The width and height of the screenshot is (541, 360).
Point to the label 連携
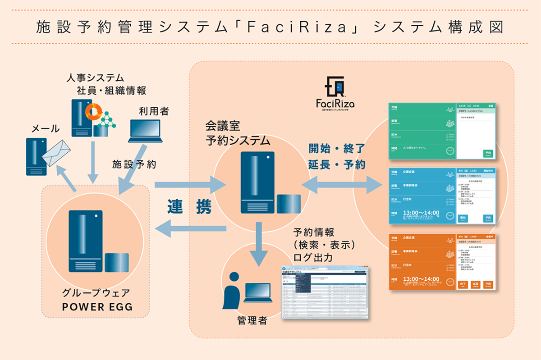coord(189,206)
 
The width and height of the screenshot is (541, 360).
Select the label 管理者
coord(252,321)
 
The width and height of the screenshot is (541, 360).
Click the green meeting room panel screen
coord(442,131)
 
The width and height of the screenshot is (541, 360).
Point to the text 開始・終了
coord(336,149)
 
